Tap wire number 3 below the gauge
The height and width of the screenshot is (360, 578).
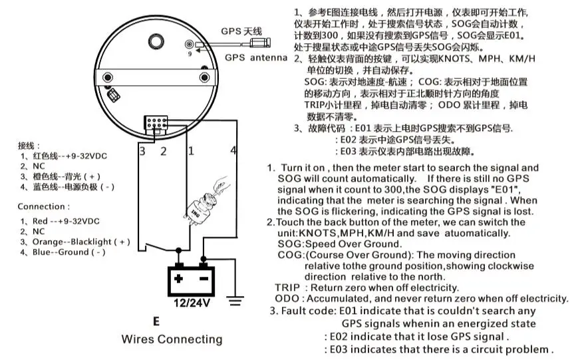pos(141,151)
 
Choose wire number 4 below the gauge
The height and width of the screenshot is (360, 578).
pos(233,151)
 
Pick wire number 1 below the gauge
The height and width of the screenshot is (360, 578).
pos(190,151)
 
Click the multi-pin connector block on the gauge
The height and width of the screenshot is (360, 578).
pos(158,124)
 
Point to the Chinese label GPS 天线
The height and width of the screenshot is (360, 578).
pos(241,31)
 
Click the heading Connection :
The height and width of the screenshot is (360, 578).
pos(43,206)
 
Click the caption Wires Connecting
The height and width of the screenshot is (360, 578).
pos(172,339)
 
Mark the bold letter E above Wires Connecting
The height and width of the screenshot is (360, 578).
pos(156,321)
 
